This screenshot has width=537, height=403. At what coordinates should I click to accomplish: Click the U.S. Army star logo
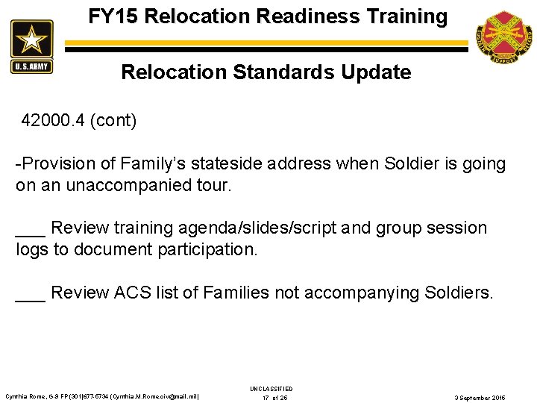(x=31, y=46)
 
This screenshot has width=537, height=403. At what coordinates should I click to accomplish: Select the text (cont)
(x=113, y=121)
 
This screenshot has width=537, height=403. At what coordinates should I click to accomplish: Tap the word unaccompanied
(x=123, y=185)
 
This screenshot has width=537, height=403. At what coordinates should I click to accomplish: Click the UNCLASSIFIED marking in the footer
(x=271, y=389)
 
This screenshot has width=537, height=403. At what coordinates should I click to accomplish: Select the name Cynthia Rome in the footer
(x=25, y=396)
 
